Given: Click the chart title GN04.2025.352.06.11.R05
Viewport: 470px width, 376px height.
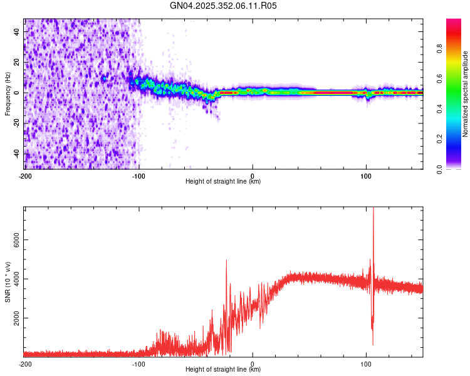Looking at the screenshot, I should pos(224,6).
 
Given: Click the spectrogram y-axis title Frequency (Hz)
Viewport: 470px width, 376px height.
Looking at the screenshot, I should pos(8,93).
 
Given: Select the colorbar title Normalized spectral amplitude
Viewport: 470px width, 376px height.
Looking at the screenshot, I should pos(465,94).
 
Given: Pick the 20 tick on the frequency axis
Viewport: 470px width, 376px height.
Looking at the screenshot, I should pos(16,62).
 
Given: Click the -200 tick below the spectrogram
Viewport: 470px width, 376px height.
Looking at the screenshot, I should pos(24,175).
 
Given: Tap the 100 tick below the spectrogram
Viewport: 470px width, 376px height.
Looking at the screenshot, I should pos(366,175).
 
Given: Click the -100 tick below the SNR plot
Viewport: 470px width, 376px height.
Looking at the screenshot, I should pos(138,363).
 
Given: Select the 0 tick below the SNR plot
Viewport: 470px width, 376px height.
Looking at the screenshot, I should pos(253,363).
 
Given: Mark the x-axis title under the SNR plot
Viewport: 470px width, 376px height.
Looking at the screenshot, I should pos(223,369).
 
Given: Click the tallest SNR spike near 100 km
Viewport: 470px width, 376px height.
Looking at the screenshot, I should pos(373,209).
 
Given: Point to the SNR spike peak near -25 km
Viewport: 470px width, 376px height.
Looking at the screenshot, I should pos(226,260).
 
